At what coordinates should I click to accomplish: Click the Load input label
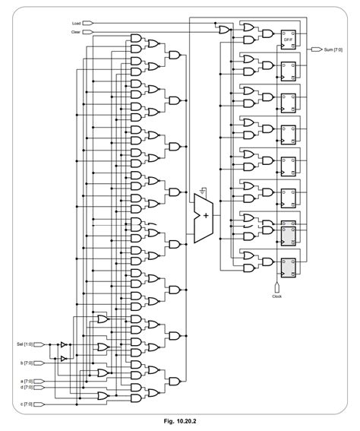(76, 24)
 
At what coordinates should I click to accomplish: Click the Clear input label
(76, 32)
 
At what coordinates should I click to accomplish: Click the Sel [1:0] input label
(25, 344)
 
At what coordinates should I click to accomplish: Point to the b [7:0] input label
(25, 364)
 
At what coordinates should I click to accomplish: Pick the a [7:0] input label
(25, 380)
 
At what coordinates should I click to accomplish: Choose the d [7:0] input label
(25, 386)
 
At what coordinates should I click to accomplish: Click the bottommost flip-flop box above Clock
(288, 267)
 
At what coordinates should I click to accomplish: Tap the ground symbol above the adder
(202, 188)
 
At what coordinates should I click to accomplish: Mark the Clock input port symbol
(276, 287)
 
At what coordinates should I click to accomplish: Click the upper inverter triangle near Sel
(64, 344)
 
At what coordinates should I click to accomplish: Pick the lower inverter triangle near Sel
(64, 357)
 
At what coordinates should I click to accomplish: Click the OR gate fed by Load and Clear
(223, 30)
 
